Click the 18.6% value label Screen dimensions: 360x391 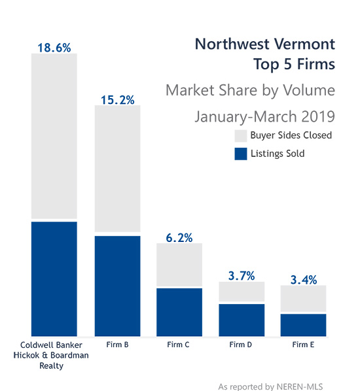tap(54, 48)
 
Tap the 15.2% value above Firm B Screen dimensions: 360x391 tap(118, 100)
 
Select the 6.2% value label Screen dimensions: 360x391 tap(179, 238)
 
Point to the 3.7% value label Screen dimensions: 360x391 tap(242, 276)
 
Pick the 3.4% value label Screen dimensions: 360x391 tap(304, 280)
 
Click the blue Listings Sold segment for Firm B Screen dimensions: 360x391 tap(118, 286)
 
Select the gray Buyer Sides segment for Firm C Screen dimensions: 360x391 tap(179, 265)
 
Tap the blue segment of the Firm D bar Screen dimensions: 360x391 tap(242, 320)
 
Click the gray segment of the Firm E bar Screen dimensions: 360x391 tap(303, 299)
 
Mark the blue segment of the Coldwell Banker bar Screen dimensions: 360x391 tap(54, 279)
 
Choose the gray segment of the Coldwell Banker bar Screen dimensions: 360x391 tap(54, 136)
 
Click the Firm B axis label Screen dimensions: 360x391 tap(117, 345)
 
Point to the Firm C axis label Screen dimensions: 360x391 tap(178, 345)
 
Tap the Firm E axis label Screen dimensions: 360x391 tap(303, 345)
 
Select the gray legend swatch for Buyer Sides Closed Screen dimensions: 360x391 tap(241, 135)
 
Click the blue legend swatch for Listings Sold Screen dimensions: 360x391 tap(241, 154)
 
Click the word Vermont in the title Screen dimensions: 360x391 tap(304, 44)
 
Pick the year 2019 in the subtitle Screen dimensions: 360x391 tap(318, 116)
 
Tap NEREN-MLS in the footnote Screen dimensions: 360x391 tap(300, 386)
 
